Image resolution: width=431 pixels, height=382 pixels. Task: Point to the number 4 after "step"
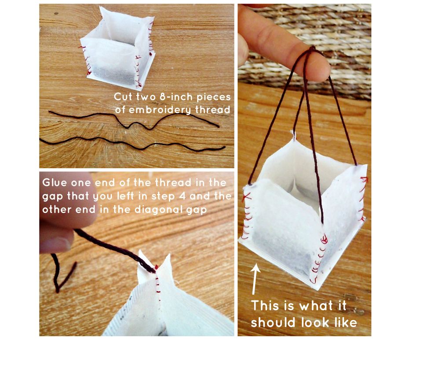[182, 197]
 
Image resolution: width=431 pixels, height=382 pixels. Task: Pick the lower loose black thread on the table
[132, 144]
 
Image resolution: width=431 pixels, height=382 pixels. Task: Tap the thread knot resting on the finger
[312, 50]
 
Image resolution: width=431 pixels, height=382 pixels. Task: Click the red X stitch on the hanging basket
[247, 197]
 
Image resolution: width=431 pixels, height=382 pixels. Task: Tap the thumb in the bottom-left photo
[56, 240]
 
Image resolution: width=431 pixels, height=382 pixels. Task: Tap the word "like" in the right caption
[346, 323]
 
